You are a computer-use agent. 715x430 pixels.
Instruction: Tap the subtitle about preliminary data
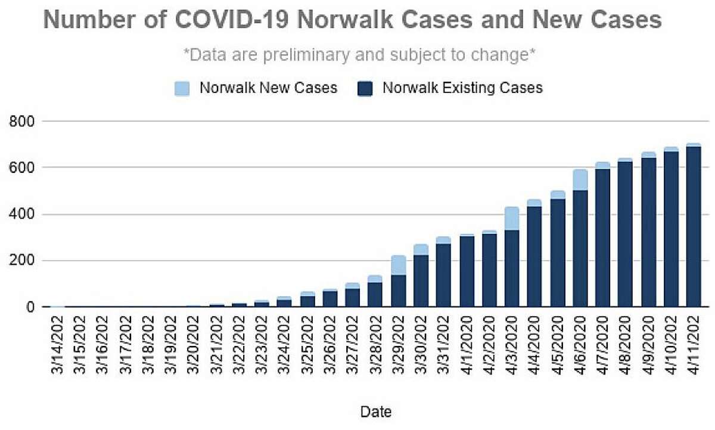(360, 55)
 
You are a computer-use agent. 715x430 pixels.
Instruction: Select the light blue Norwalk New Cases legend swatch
(182, 89)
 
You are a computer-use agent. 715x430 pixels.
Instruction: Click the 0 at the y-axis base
(29, 308)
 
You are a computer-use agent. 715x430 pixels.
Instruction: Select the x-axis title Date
(376, 411)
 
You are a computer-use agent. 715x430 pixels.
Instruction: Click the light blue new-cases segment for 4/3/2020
(512, 218)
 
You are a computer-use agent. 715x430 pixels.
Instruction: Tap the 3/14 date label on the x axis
(58, 347)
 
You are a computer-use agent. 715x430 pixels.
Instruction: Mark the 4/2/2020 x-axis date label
(489, 347)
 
